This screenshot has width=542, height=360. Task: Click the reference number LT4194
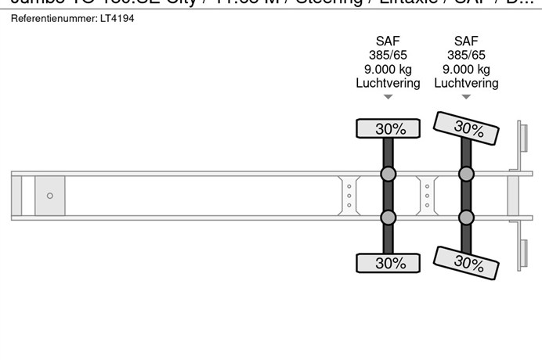click(117, 18)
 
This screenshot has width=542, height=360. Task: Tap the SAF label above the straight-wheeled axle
click(388, 41)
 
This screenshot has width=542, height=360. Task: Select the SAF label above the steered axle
click(466, 41)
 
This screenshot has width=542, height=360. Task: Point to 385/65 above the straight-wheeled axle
click(388, 56)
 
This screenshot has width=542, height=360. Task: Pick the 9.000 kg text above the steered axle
click(466, 69)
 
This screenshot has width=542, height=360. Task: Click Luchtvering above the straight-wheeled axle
click(388, 83)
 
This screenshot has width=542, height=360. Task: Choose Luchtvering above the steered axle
click(466, 83)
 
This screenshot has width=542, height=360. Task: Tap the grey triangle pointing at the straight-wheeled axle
click(388, 97)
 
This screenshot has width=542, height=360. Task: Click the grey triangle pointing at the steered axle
click(466, 97)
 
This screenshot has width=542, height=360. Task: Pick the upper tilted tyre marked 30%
click(468, 128)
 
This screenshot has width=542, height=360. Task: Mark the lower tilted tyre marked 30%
click(468, 262)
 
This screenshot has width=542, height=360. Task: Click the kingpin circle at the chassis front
click(50, 196)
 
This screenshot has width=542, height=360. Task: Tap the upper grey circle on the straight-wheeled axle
click(388, 175)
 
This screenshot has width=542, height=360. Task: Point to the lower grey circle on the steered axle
click(466, 217)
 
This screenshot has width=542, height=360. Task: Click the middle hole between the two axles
click(427, 196)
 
